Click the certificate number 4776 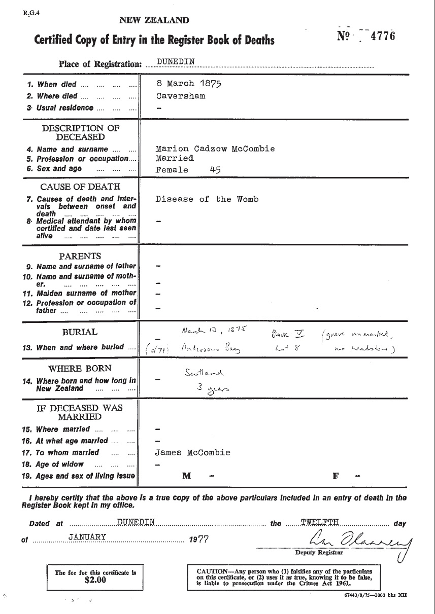382,36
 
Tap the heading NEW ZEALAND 154,20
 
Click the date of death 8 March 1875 189,84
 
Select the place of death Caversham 181,95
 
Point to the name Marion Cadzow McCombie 215,149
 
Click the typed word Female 172,170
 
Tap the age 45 215,170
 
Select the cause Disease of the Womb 207,199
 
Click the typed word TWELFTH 320,522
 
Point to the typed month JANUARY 87,537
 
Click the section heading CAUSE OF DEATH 80,187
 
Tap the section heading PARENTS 80,256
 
